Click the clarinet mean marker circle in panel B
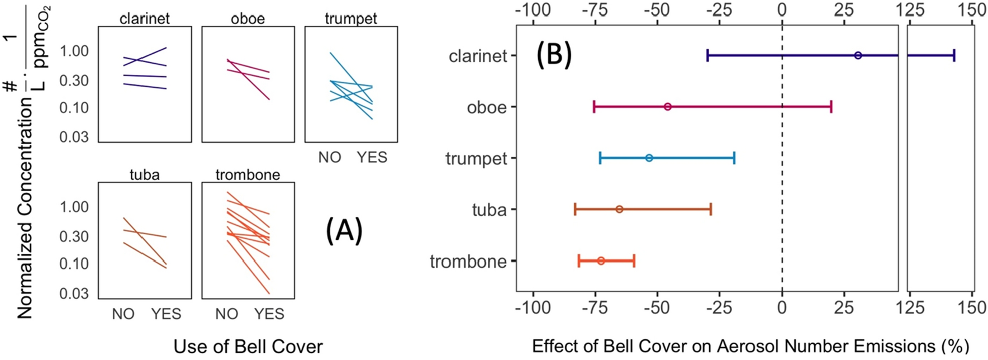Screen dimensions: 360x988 pyautogui.click(x=858, y=55)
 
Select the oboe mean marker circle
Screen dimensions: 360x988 pyautogui.click(x=667, y=107)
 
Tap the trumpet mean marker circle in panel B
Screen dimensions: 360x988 pyautogui.click(x=649, y=158)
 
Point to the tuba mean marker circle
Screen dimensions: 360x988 pyautogui.click(x=619, y=210)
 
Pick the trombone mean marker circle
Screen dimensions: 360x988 pyautogui.click(x=601, y=261)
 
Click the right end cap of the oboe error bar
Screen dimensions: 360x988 pyautogui.click(x=831, y=107)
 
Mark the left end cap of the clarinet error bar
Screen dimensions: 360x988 pyautogui.click(x=707, y=55)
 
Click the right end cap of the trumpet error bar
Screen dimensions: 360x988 pyautogui.click(x=734, y=158)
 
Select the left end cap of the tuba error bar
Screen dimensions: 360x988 pyautogui.click(x=575, y=210)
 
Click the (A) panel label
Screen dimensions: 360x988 pyautogui.click(x=344, y=231)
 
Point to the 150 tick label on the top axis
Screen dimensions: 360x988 pyautogui.click(x=972, y=10)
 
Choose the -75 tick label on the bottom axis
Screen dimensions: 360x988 pyautogui.click(x=595, y=307)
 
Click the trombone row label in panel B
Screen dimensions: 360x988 pyautogui.click(x=468, y=262)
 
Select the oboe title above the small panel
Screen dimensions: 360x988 pyautogui.click(x=248, y=18)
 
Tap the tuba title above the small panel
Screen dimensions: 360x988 pyautogui.click(x=144, y=175)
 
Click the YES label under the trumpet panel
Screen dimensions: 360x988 pyautogui.click(x=372, y=158)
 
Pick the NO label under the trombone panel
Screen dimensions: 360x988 pyautogui.click(x=226, y=314)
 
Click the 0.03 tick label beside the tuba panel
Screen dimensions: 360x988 pyautogui.click(x=74, y=293)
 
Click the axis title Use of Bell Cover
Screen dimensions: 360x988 pyautogui.click(x=248, y=347)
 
